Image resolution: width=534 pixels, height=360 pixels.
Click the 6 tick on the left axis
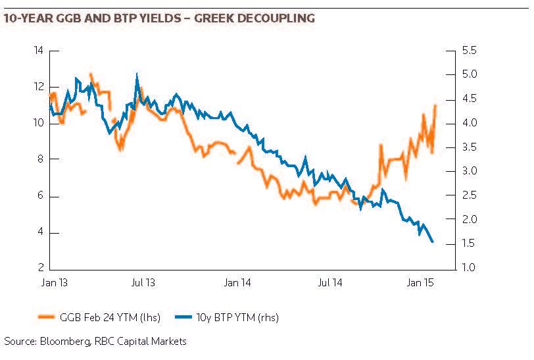pos(40,196)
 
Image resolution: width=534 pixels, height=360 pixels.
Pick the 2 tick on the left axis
pos(40,268)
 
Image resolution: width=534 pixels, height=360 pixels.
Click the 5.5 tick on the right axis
pos(471,51)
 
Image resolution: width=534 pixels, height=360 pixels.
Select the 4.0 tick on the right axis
pos(471,123)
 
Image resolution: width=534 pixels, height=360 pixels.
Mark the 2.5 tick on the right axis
pos(471,195)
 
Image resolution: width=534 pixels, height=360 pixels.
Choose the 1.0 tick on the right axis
pos(471,268)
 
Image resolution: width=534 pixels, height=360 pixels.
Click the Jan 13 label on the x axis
pos(51,284)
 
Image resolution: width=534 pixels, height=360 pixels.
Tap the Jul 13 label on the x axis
pos(143,284)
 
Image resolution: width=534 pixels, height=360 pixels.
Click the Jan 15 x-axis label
pos(421,284)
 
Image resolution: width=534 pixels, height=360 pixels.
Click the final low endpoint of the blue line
pos(432,242)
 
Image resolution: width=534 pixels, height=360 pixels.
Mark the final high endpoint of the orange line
pos(435,105)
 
